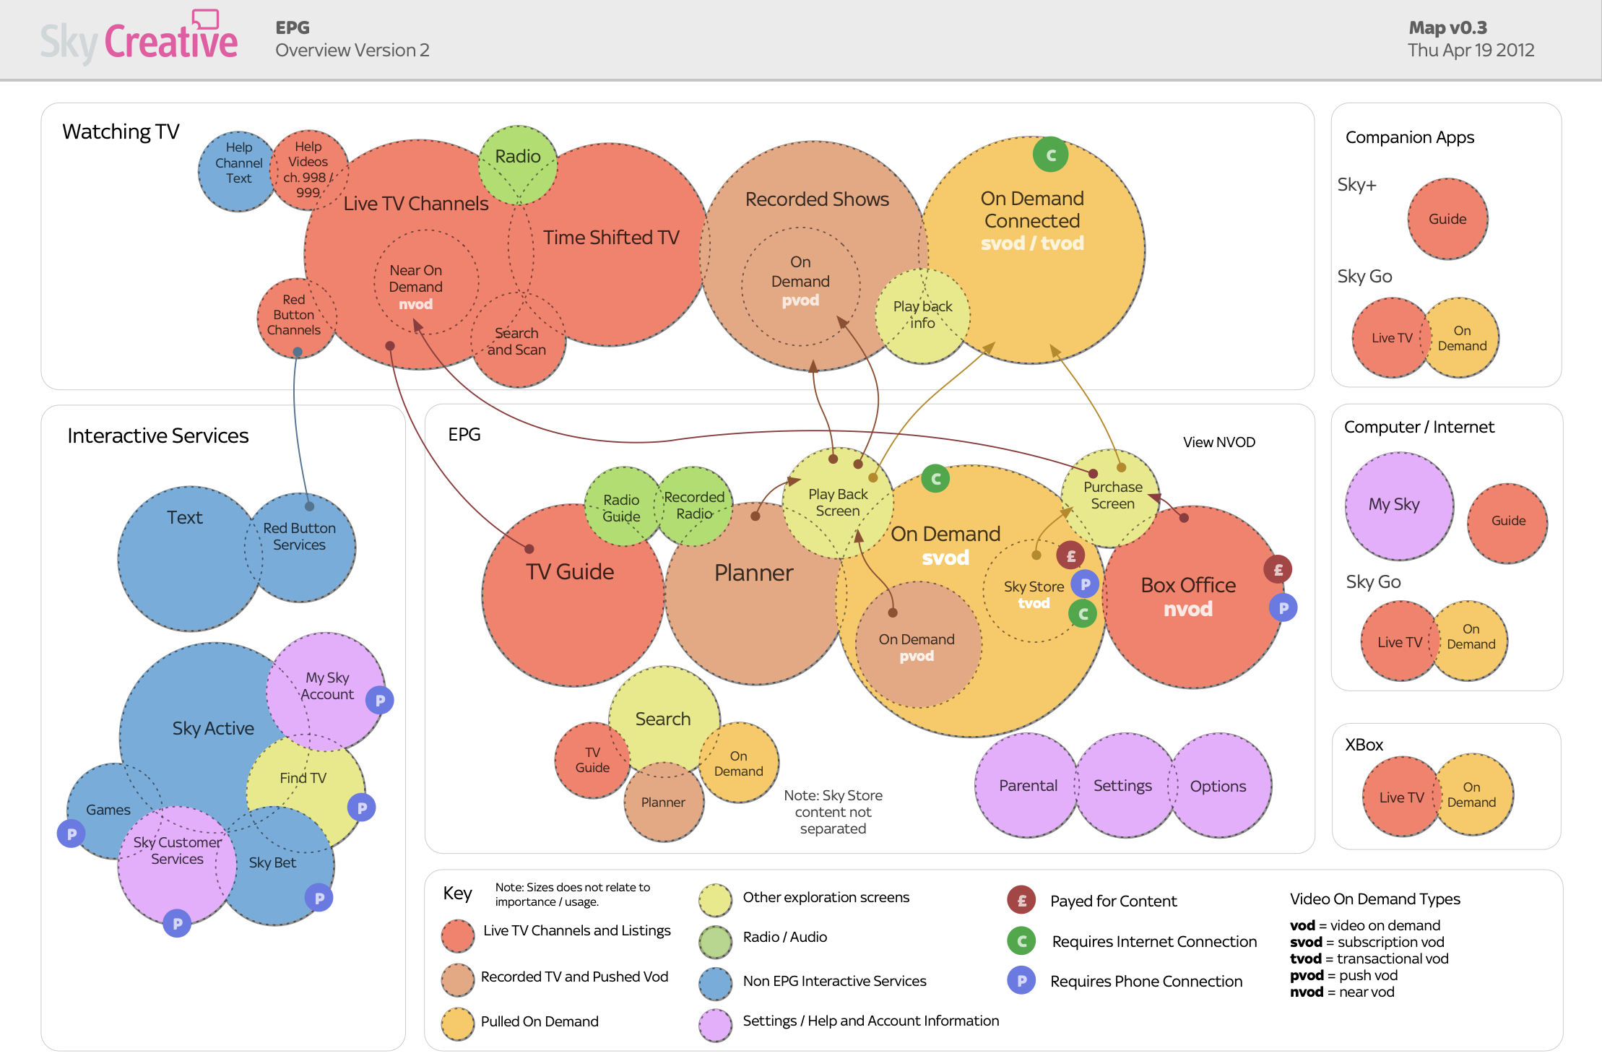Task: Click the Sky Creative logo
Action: point(139,40)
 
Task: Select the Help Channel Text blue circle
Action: point(236,171)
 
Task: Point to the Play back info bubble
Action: point(922,315)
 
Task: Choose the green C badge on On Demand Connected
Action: point(1051,155)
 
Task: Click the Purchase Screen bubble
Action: point(1112,495)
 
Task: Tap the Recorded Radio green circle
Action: point(694,505)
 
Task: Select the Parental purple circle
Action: point(1027,785)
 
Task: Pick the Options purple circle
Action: point(1219,786)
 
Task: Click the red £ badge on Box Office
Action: point(1278,570)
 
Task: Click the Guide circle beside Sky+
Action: point(1447,219)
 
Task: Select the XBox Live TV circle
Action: point(1400,797)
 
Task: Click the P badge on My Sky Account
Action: point(380,700)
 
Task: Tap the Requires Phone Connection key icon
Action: point(1021,981)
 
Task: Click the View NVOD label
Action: point(1219,442)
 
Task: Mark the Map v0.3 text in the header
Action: point(1447,27)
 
